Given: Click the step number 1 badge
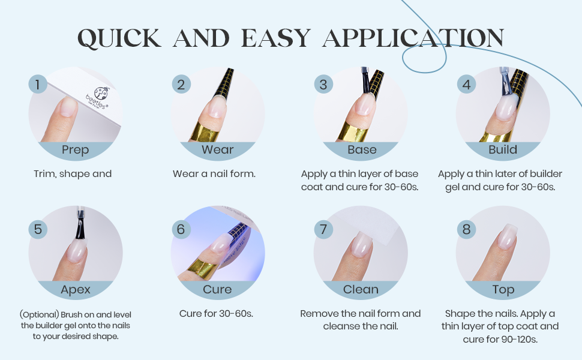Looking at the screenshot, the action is point(38,84).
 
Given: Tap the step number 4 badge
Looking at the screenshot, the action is point(467,84).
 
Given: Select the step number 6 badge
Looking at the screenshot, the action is point(181,229).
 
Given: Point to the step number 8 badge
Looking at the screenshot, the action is point(467,229).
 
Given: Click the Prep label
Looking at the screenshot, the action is point(76,149).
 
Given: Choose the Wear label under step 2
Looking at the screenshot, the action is point(218,149).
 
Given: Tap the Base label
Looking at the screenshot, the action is point(362,149).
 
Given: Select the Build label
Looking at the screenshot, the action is point(503,149).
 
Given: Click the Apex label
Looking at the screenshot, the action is point(76,289).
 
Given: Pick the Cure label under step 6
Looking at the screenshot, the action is point(217,289).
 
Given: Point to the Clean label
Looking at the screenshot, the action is point(361,289).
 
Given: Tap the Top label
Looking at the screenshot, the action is point(503,289).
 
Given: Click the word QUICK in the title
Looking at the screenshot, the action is point(119,38).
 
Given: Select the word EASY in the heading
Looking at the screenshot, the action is point(276,38).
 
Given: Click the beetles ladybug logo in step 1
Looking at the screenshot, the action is point(101,93).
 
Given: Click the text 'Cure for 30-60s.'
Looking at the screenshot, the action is point(216,314).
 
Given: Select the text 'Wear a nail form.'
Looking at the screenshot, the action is point(214,173).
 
